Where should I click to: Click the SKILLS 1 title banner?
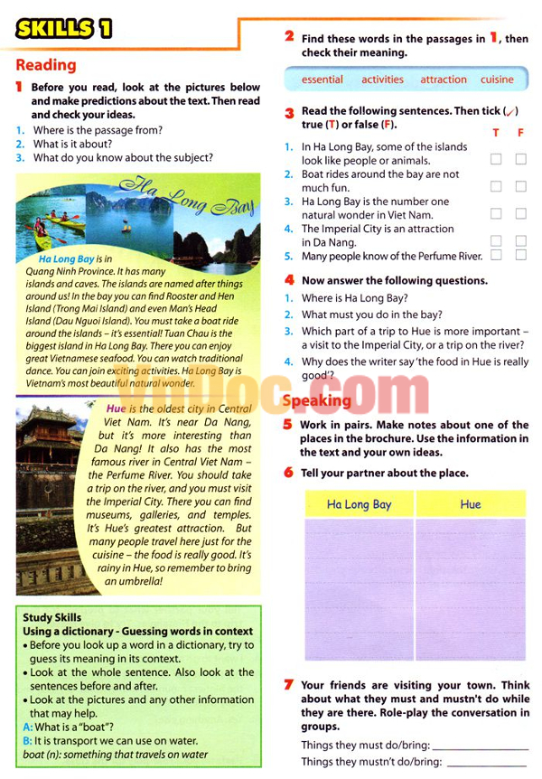tap(63, 28)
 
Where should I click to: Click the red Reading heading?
tap(46, 65)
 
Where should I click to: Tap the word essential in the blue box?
tap(322, 80)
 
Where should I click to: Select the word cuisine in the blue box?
tap(497, 80)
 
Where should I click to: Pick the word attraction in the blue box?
tap(443, 80)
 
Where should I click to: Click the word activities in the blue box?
tap(382, 80)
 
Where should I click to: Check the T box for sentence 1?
tap(496, 159)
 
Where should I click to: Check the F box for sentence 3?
tap(520, 214)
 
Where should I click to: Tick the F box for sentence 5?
tap(520, 256)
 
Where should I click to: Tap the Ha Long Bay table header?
tap(359, 504)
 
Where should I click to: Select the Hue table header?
tap(471, 504)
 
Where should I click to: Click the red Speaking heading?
tap(316, 400)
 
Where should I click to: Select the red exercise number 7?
tap(288, 684)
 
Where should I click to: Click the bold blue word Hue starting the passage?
tap(116, 408)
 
